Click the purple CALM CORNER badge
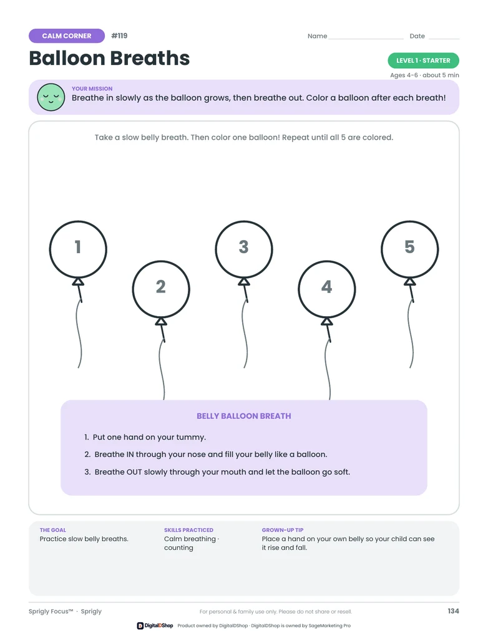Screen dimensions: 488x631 (x=67, y=36)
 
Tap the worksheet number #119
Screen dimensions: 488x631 (x=119, y=36)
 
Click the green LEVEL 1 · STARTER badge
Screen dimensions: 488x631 (x=423, y=60)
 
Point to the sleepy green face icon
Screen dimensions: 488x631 (x=51, y=97)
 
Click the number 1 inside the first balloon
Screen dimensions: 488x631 (x=78, y=247)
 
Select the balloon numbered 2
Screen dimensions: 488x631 (x=161, y=289)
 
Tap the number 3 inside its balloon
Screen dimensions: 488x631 (x=243, y=247)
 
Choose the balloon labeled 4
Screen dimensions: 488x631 (x=327, y=289)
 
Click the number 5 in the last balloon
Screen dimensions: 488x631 (x=409, y=247)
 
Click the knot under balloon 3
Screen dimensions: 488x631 (x=244, y=282)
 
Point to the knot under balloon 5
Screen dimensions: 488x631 (x=410, y=282)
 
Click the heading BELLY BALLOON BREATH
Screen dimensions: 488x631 (x=243, y=416)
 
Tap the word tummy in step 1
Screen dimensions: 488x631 (x=192, y=438)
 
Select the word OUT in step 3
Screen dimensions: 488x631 (x=134, y=472)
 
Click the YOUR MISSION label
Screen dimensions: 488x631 (x=92, y=89)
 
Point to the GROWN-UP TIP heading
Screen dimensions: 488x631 (x=283, y=530)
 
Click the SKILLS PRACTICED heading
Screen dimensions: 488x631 (x=188, y=530)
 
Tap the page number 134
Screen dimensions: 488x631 (x=454, y=611)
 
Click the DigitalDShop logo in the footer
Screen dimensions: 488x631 (x=155, y=625)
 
